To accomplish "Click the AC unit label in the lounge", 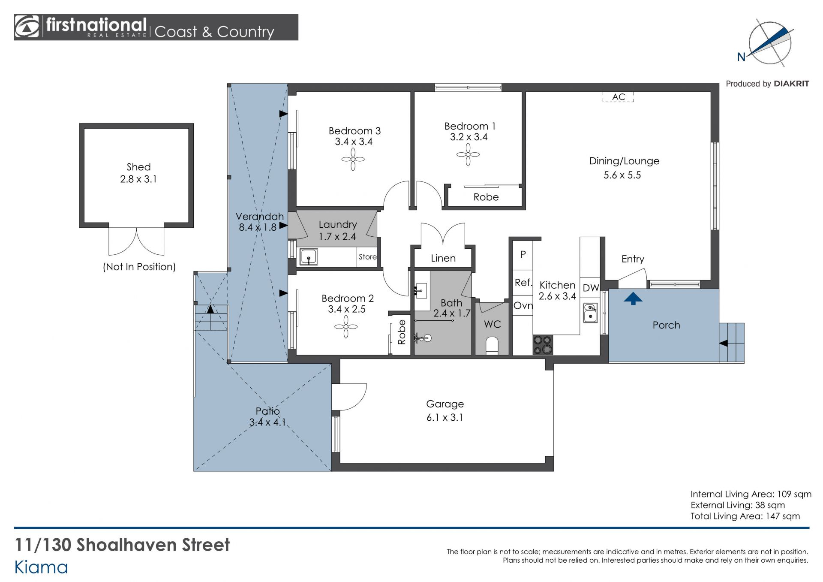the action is click(618, 97).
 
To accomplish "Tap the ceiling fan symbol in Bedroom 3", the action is click(353, 160).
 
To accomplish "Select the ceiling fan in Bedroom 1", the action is click(468, 154).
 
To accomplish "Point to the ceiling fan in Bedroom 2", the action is click(346, 327).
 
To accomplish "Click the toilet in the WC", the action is click(492, 345).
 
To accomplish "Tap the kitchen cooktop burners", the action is click(543, 345).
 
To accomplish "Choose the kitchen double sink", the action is click(590, 313).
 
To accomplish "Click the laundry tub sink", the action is click(308, 257).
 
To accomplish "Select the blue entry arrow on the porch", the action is click(633, 299).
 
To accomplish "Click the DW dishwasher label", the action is click(591, 288).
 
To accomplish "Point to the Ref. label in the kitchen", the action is click(523, 283).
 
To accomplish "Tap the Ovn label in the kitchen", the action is click(523, 306).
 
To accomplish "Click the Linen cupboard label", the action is click(443, 258).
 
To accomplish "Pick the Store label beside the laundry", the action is click(368, 257).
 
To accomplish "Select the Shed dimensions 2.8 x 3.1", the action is click(138, 179).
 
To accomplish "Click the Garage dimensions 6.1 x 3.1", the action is click(445, 418).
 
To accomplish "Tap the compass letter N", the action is click(741, 57).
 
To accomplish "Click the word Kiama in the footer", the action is click(41, 567).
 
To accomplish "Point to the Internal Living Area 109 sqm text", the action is click(751, 494).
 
